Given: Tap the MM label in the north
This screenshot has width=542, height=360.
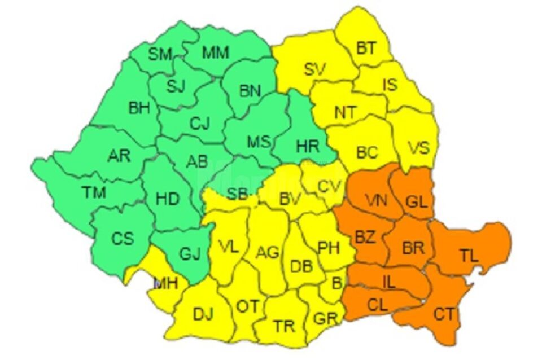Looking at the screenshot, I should pos(216,53).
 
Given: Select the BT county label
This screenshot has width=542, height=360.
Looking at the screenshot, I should pos(366,49).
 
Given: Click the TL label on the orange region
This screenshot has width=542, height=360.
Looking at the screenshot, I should pos(468,255).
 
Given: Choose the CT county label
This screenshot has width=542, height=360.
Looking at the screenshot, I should pos(443,314).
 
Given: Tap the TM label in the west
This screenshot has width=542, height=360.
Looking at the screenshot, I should pos(93,192).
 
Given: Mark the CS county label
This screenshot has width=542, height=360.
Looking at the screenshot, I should pos(123,238).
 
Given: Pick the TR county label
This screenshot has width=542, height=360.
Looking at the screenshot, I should pos(283,327).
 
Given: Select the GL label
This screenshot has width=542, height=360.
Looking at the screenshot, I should pos(417,201).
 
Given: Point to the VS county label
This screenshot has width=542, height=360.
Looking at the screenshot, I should pos(419,148).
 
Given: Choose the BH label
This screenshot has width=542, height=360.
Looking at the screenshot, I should pos(139,108).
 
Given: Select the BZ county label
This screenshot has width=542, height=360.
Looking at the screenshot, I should pos(365,238).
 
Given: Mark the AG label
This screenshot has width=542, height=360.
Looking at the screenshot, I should pos(268,252).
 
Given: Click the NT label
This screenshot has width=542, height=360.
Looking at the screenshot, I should pos(345,112).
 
